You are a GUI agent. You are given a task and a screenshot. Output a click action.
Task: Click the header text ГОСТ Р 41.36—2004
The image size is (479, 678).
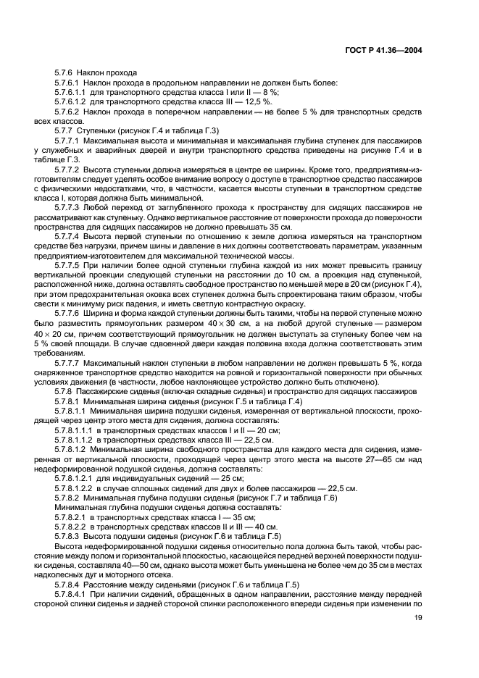tap(388, 51)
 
